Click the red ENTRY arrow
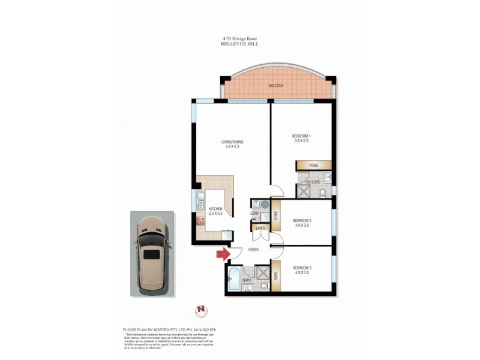point(222,254)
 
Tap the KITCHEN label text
point(215,209)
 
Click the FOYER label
point(253,250)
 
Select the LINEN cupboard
point(260,229)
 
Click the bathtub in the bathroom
point(233,280)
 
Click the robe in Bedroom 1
point(313,164)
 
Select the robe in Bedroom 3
point(276,275)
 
